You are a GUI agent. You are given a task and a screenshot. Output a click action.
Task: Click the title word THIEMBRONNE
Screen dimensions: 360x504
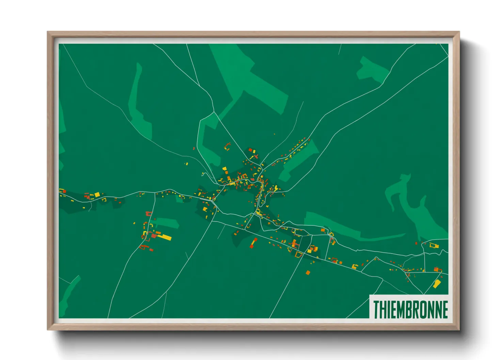pyautogui.click(x=410, y=309)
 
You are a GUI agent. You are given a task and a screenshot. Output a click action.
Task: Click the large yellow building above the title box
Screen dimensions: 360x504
pyautogui.click(x=437, y=284)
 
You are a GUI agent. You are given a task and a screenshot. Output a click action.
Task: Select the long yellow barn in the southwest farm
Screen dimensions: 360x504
pyautogui.click(x=166, y=237)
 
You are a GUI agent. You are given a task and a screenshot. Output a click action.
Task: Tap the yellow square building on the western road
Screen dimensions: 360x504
pyautogui.click(x=97, y=195)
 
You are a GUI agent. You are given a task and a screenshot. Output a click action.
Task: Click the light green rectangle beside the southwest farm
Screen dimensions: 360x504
pyautogui.click(x=167, y=223)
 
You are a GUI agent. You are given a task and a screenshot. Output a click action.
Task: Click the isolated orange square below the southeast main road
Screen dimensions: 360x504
pyautogui.click(x=308, y=272)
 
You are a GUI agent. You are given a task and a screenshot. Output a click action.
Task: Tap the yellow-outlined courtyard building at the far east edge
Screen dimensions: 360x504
pyautogui.click(x=433, y=245)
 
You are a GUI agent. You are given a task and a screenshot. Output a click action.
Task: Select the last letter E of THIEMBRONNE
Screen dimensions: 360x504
pyautogui.click(x=445, y=309)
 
